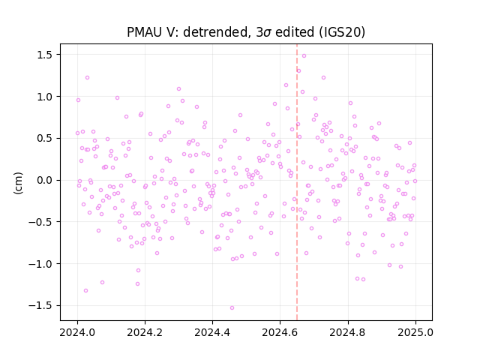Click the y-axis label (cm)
point(18,183)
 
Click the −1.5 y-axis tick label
point(41,305)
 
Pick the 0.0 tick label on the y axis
point(45,180)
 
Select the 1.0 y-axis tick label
point(45,97)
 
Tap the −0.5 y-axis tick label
point(41,222)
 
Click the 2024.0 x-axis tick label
point(77,332)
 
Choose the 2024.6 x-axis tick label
point(280,332)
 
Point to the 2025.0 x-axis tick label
point(415,332)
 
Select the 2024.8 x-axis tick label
point(348,332)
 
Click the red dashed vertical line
point(297,182)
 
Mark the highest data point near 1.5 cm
point(304,55)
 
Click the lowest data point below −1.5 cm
point(232,307)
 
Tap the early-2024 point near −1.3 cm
point(85,290)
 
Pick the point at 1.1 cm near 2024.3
point(178,88)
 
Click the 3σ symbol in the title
point(263,32)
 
